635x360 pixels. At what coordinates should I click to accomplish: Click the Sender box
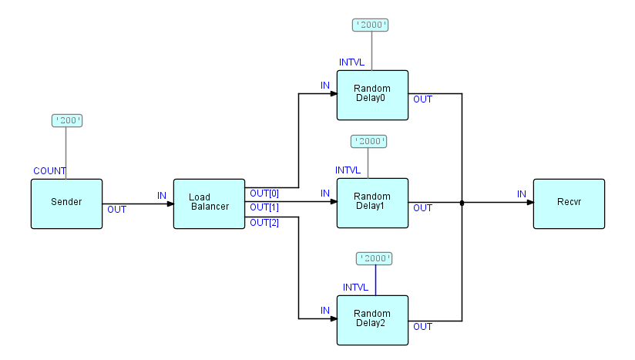point(66,204)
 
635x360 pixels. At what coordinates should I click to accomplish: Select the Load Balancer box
point(209,204)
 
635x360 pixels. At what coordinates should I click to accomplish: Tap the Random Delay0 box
point(372,95)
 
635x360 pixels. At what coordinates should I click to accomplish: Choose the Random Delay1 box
point(372,203)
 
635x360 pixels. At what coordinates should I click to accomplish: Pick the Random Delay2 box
point(372,320)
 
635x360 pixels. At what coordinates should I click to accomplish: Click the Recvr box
point(569,204)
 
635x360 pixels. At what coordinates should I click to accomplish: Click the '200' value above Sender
point(66,120)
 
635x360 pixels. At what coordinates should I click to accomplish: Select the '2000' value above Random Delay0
point(370,25)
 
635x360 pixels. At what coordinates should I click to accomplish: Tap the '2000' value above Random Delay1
point(368,141)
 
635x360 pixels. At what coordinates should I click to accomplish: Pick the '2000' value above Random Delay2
point(375,258)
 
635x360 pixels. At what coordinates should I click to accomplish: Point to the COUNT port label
point(49,170)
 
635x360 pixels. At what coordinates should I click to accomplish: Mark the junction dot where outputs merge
point(462,204)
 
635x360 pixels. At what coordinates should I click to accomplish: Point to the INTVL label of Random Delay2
point(358,288)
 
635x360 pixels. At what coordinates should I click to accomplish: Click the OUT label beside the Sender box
point(117,209)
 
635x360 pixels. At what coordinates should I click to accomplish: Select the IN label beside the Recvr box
point(522,193)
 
